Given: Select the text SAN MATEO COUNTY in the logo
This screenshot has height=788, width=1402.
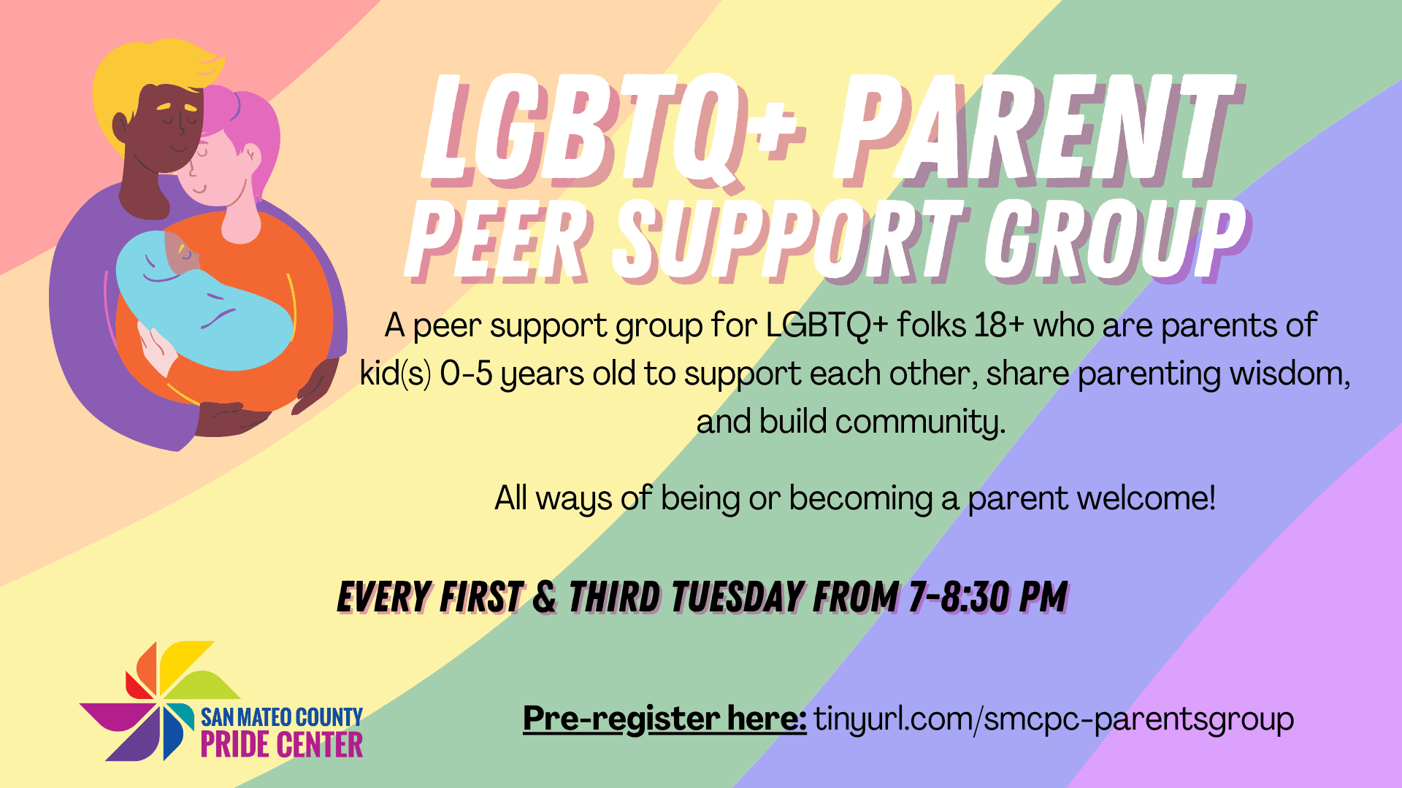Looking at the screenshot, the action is click(282, 717).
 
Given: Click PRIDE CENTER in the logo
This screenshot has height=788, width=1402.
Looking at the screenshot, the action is click(282, 745).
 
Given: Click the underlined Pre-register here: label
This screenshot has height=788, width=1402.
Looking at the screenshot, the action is click(664, 719).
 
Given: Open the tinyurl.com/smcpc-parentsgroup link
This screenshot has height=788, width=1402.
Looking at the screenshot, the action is click(1054, 719).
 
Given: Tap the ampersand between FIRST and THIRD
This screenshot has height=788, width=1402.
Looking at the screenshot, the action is click(545, 597).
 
